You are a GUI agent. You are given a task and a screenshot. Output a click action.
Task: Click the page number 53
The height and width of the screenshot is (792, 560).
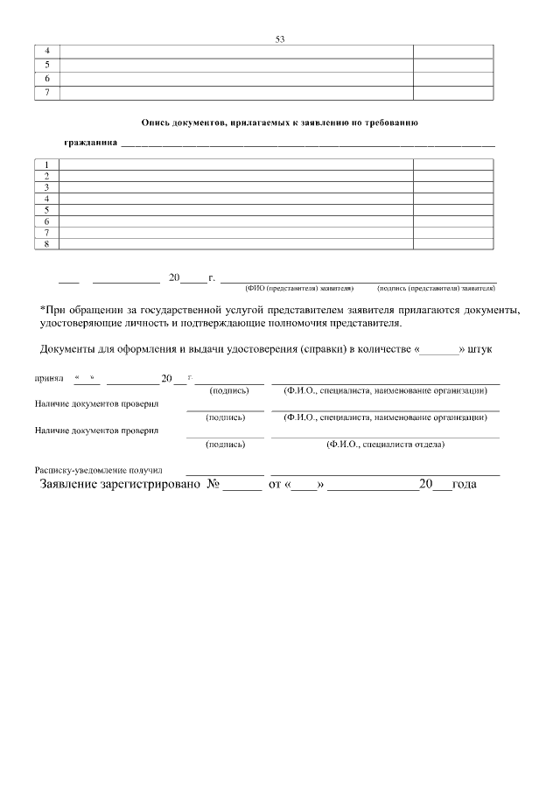280,39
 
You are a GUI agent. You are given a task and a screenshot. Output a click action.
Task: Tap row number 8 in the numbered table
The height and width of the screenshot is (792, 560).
45,244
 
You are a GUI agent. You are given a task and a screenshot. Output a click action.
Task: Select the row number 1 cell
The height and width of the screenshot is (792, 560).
45,165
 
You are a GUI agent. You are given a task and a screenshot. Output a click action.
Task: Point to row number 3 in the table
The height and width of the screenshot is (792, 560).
45,187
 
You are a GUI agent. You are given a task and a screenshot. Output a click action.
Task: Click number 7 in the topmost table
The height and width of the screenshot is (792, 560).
45,92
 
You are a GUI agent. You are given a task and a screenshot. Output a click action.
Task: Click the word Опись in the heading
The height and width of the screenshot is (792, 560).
155,124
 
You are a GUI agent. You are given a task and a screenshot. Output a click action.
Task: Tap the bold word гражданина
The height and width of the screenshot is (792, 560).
90,143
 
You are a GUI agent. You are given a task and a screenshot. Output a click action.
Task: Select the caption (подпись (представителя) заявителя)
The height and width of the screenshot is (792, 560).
436,287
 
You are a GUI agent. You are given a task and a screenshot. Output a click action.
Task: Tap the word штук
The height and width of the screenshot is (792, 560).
486,350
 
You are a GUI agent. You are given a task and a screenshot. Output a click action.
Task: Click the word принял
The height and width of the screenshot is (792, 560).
49,380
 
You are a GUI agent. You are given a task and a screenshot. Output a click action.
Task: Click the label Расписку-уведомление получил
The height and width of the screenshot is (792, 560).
99,470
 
